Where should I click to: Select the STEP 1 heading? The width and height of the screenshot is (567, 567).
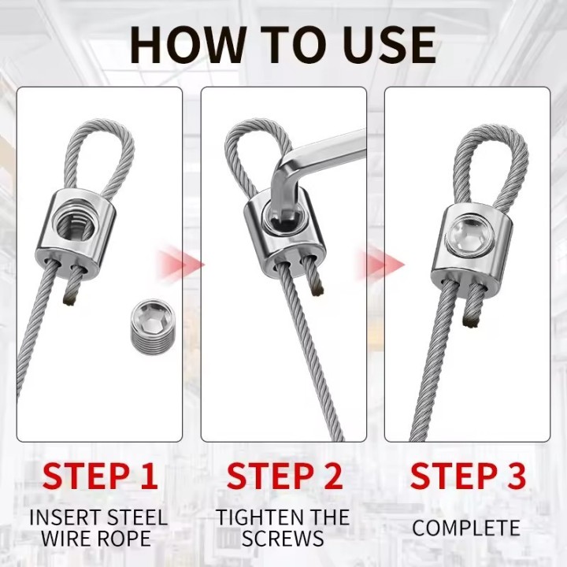coord(100,476)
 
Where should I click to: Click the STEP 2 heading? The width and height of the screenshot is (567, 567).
coord(284,476)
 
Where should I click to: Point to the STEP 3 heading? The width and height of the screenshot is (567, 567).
coord(468,476)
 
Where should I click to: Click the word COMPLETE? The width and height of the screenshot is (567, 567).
coord(466,528)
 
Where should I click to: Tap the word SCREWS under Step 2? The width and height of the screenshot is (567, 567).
coord(283,538)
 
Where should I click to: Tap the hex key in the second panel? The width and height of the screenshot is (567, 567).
coord(311,170)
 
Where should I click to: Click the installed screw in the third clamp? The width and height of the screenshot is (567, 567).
coord(469,235)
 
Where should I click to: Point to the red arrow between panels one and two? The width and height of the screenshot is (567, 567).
coord(180,264)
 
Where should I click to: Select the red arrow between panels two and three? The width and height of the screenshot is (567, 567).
coord(380,265)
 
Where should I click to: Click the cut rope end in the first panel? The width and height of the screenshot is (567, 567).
coord(71,299)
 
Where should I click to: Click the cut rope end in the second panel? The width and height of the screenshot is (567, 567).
coord(317,288)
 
